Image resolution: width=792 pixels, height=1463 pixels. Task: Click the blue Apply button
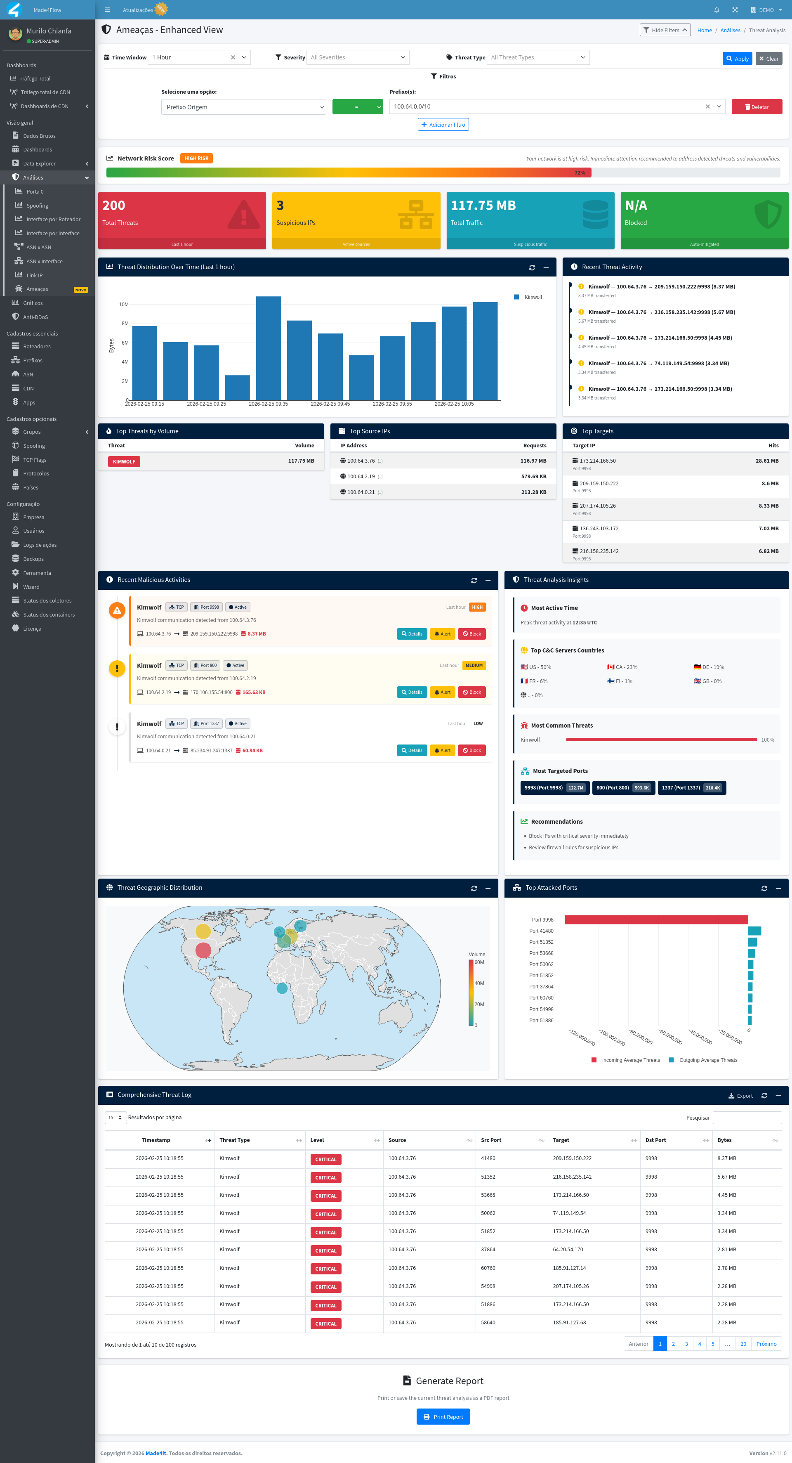[x=737, y=59]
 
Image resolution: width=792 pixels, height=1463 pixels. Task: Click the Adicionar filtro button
[x=443, y=124]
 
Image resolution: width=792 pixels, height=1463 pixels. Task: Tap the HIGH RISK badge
[x=196, y=158]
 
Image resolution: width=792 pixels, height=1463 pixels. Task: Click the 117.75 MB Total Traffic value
[x=483, y=206]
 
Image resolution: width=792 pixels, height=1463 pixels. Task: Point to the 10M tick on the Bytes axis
[x=124, y=305]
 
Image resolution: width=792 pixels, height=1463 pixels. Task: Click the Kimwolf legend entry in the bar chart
[x=533, y=297]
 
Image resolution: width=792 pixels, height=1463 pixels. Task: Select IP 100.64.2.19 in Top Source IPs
[x=361, y=477]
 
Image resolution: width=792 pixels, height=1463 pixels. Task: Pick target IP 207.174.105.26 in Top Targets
[x=597, y=506]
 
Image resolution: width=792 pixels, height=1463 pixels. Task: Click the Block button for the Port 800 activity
[x=471, y=693]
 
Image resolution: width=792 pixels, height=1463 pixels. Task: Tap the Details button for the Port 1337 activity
[x=412, y=750]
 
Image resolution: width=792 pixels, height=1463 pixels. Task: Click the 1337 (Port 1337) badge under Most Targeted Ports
[x=691, y=788]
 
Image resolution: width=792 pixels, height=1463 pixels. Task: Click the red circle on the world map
[x=203, y=950]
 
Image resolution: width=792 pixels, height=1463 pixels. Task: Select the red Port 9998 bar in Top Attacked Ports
[x=656, y=919]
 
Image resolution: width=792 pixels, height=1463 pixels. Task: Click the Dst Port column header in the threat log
[x=656, y=1140]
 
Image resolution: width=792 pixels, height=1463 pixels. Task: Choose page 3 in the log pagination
[x=686, y=1344]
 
